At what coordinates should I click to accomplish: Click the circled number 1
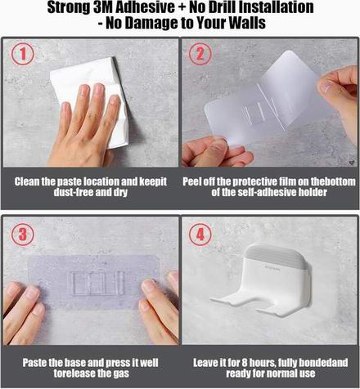pos(23,54)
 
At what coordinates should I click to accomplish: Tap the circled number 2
pos(200,54)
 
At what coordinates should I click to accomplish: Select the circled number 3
pos(23,235)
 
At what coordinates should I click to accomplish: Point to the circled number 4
pos(200,235)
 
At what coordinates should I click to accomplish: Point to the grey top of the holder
pos(276,256)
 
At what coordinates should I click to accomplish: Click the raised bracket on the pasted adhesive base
pos(96,284)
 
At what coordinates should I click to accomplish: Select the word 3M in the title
pos(103,7)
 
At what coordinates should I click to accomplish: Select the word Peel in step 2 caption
pos(192,181)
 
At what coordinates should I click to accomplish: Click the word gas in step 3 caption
pos(122,373)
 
